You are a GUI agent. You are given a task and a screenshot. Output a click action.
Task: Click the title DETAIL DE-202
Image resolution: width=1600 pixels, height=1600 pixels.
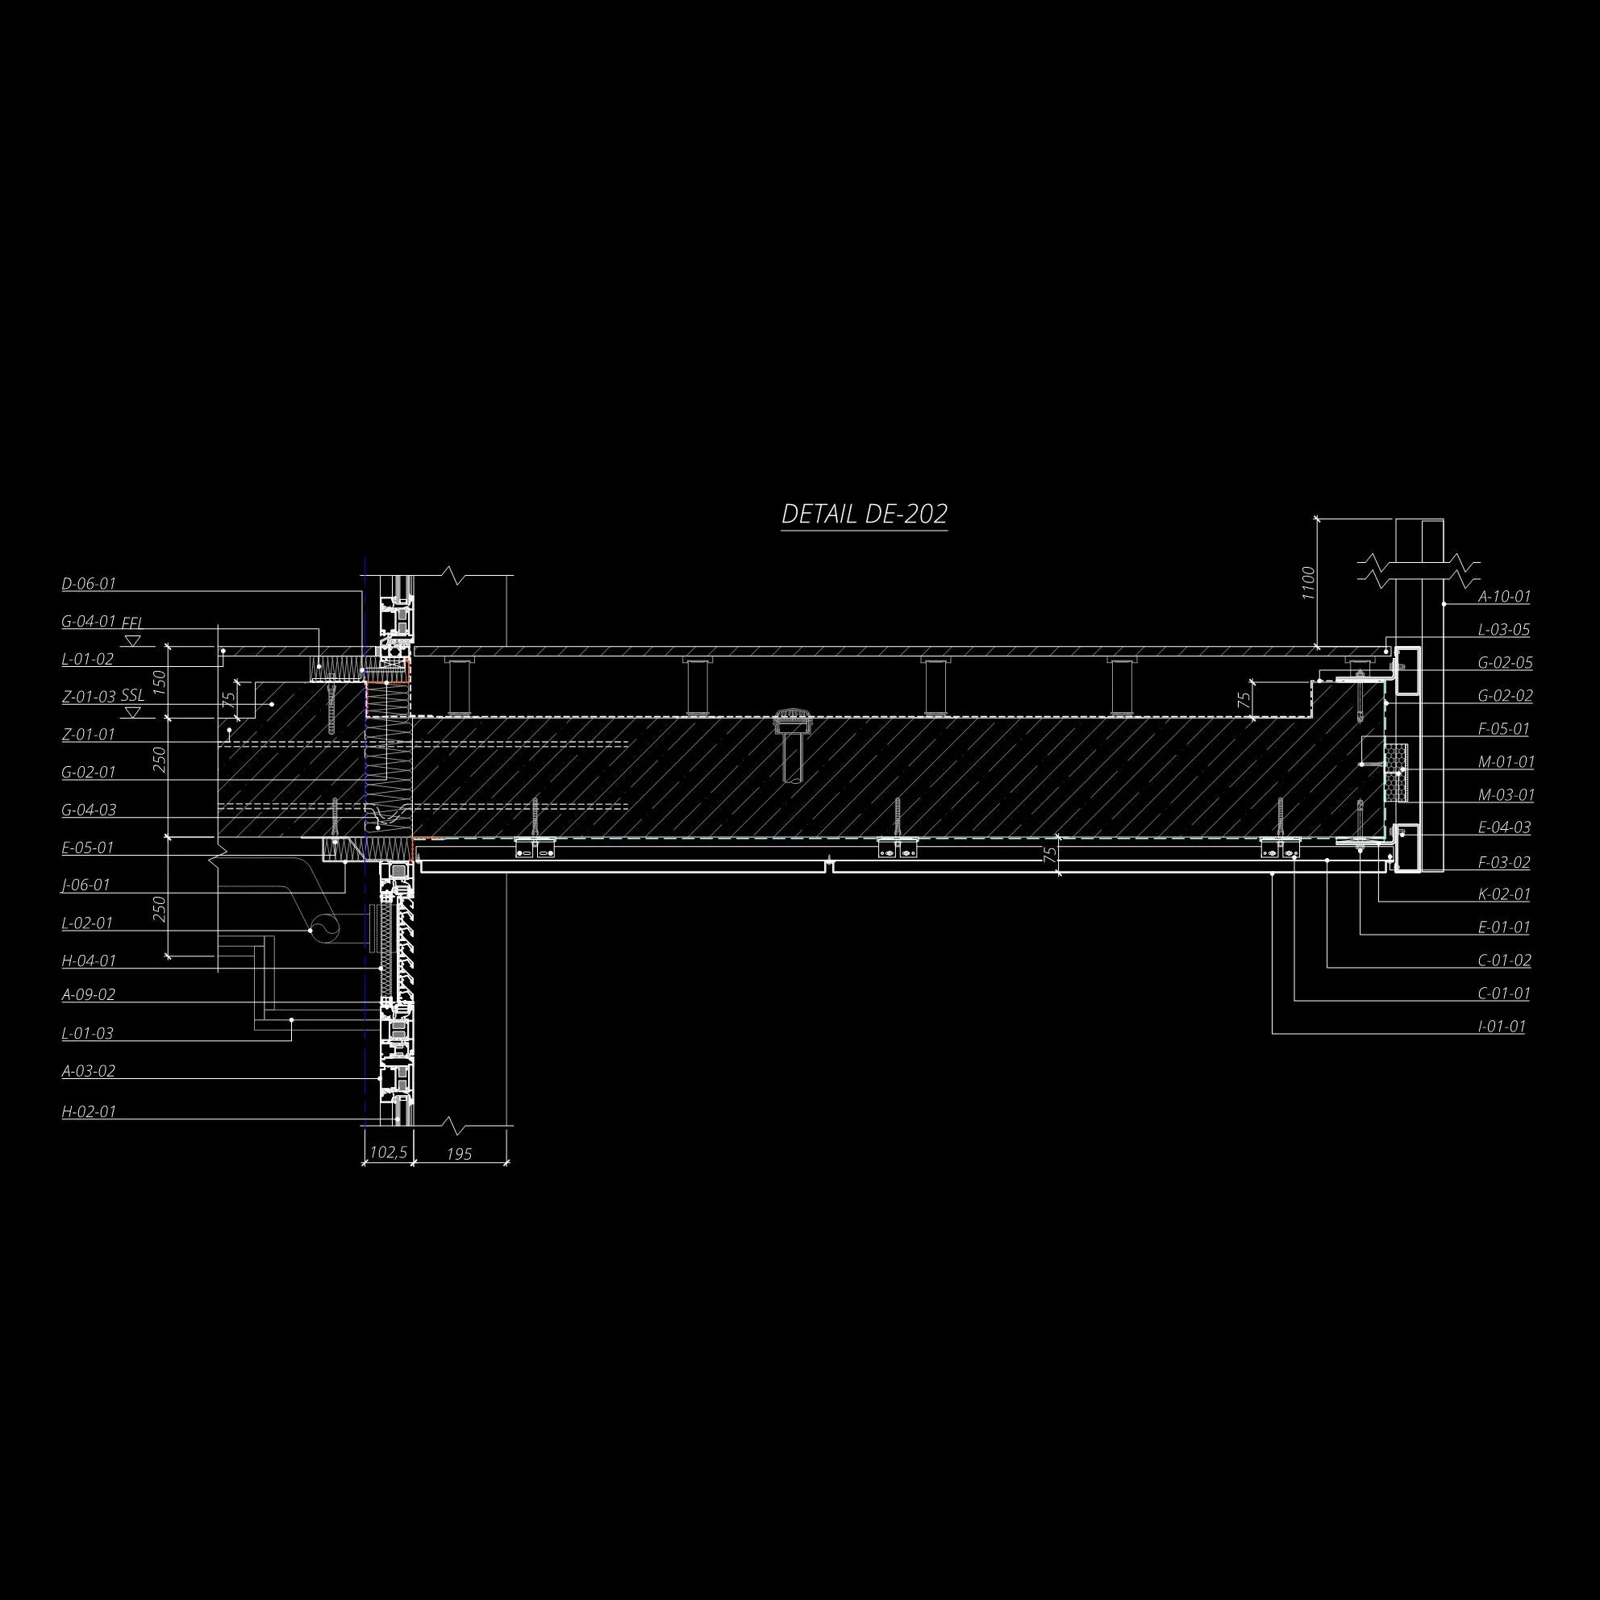(x=864, y=515)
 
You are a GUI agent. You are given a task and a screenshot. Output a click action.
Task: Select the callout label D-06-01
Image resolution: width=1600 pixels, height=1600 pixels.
(x=89, y=584)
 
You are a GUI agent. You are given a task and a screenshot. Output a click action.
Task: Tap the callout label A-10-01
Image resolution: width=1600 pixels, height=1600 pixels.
(x=1505, y=596)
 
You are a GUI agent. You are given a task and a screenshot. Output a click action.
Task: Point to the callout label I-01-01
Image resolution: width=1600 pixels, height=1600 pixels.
(x=1502, y=1027)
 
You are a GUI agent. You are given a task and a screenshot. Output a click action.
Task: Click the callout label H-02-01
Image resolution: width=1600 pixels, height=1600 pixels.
(x=89, y=1112)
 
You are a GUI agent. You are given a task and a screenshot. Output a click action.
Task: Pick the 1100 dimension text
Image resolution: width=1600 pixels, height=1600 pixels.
(x=1307, y=583)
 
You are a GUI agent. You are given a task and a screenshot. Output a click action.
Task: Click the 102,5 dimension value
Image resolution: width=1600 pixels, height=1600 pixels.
(x=388, y=1152)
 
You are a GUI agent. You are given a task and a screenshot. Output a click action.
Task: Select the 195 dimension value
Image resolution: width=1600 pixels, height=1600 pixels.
(x=459, y=1153)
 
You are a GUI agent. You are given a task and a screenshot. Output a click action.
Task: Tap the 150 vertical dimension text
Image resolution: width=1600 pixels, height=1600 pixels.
(x=160, y=681)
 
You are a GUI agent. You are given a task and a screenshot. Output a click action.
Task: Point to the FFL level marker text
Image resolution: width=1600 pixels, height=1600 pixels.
(x=132, y=623)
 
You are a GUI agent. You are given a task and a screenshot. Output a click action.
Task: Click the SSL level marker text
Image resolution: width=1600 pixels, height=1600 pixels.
(x=132, y=696)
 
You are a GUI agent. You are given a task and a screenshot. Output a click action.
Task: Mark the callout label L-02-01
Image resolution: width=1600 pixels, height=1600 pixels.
(x=87, y=923)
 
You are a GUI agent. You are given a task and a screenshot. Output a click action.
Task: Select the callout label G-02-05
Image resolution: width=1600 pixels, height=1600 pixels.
(x=1506, y=663)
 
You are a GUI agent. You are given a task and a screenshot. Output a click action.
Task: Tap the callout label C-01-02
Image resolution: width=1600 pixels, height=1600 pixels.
(x=1505, y=960)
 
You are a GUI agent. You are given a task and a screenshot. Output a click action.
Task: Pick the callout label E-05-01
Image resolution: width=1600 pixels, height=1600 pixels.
(x=87, y=848)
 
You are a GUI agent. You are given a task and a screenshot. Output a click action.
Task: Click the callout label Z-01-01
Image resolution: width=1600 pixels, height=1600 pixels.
(x=89, y=735)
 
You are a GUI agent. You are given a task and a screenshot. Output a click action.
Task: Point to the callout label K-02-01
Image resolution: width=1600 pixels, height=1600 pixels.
(x=1505, y=894)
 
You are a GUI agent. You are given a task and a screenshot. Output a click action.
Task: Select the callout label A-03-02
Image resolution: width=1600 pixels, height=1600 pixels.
(x=89, y=1071)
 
